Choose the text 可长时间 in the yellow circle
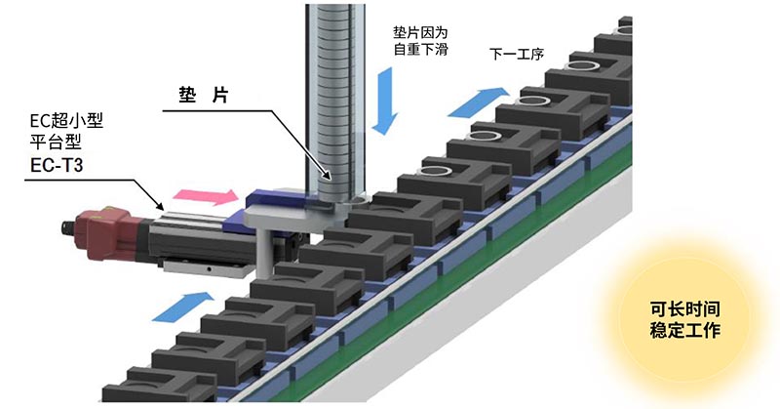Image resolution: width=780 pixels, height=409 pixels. click(684, 310)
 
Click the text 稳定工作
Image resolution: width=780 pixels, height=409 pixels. click(684, 331)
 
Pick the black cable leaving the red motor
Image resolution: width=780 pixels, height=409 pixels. click(70, 232)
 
